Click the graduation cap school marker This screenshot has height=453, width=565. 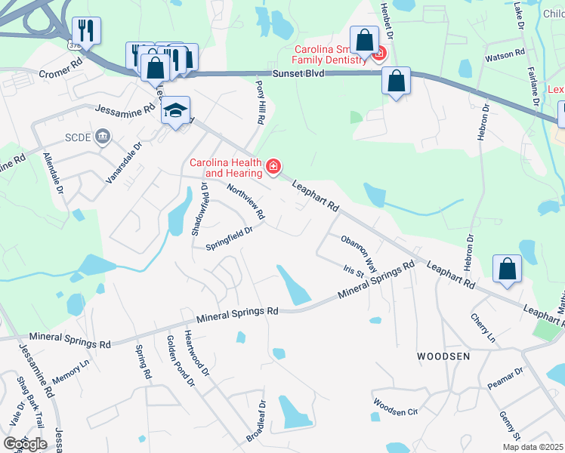pos(175,111)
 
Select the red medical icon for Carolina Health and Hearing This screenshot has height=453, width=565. pos(273,166)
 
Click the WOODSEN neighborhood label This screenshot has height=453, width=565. pos(443,355)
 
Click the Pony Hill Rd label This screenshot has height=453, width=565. pos(260,103)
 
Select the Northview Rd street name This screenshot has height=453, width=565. pos(245,202)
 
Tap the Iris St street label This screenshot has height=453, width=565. pos(354,270)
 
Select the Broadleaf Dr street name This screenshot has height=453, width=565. pos(257,421)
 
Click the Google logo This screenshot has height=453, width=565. pos(24,443)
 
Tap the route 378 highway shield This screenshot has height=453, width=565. pos(74,45)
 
